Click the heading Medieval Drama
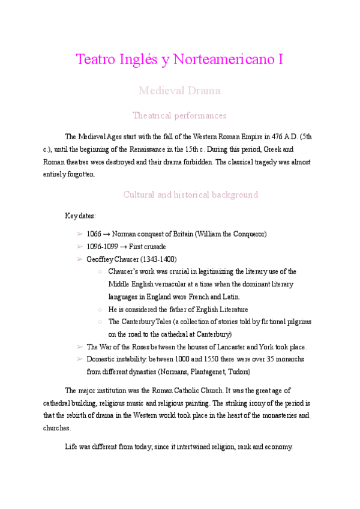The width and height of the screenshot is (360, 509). pos(179,91)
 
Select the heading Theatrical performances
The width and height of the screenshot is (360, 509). pos(179,115)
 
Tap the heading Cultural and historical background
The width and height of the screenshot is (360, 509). pos(190,194)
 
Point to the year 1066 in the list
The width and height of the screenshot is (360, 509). pos(94,233)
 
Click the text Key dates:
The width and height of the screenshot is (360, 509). pos(80,215)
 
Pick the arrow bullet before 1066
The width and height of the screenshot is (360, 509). pos(80,233)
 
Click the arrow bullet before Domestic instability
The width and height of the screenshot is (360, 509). pos(80,359)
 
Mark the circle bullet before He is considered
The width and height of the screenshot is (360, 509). pos(99,309)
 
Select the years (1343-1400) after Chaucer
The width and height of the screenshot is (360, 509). pos(158,259)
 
